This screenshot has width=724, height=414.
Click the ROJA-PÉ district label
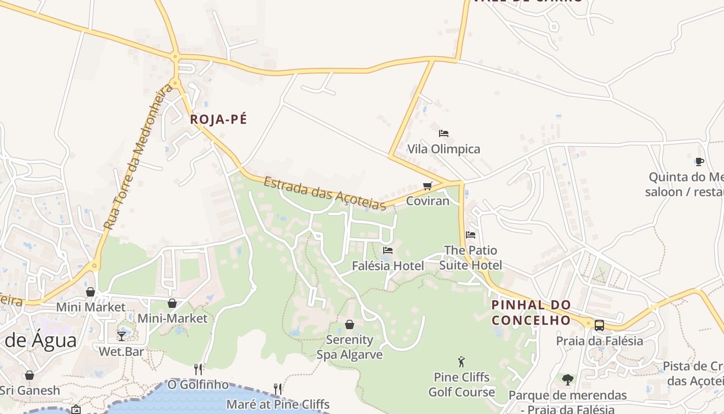click(x=218, y=120)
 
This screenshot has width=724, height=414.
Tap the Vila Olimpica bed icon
click(x=443, y=134)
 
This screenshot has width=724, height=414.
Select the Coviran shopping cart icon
click(x=427, y=186)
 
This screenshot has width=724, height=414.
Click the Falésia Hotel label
click(x=388, y=265)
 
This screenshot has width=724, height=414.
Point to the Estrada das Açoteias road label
click(x=325, y=194)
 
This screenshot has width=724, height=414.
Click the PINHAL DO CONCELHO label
click(x=531, y=313)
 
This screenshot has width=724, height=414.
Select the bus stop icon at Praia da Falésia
click(x=599, y=326)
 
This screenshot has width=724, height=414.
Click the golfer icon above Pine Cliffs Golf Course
click(x=461, y=362)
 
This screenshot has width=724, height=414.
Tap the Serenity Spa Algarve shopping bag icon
click(x=350, y=324)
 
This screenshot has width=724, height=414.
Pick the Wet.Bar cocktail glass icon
click(x=122, y=336)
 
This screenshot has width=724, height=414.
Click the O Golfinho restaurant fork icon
click(x=198, y=369)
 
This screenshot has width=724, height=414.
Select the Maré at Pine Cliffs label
click(x=278, y=404)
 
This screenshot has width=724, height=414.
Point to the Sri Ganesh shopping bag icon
click(x=29, y=375)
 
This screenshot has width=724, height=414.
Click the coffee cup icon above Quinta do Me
click(x=699, y=161)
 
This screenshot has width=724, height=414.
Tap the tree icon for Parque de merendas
click(x=568, y=379)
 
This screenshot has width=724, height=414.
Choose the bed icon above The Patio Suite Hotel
click(x=470, y=234)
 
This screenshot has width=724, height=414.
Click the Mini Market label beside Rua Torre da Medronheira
click(x=90, y=307)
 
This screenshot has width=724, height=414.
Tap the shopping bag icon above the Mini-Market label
click(x=172, y=303)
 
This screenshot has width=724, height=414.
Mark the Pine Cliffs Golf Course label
click(x=461, y=385)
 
